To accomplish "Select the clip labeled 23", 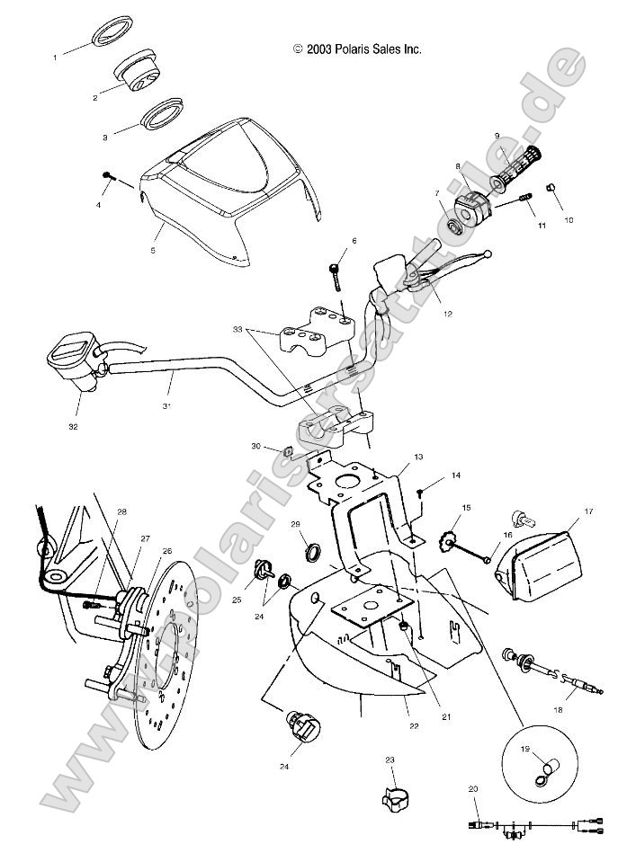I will click(x=390, y=795).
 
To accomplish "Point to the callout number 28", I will click(x=121, y=512).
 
